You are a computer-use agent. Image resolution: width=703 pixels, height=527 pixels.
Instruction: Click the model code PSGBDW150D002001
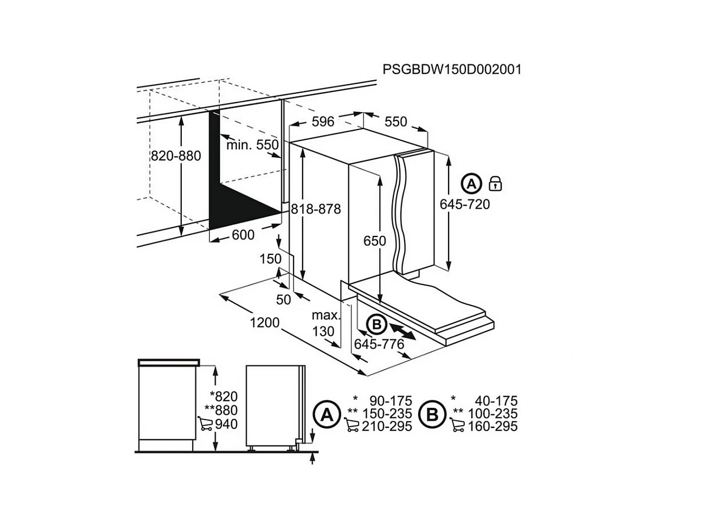pyautogui.click(x=452, y=70)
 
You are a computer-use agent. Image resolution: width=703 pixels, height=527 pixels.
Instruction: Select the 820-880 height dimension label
pyautogui.click(x=176, y=156)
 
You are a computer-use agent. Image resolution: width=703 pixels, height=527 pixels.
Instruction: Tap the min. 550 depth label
pyautogui.click(x=252, y=145)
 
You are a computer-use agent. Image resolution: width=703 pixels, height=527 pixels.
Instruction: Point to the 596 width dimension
pyautogui.click(x=323, y=121)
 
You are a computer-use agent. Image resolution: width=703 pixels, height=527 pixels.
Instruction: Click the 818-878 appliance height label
pyautogui.click(x=316, y=209)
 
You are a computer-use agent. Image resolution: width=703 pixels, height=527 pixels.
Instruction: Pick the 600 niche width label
pyautogui.click(x=242, y=235)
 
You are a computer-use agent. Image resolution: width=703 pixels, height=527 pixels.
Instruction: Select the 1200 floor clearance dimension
pyautogui.click(x=264, y=323)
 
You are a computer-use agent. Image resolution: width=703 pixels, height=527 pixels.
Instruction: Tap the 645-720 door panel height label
pyautogui.click(x=464, y=204)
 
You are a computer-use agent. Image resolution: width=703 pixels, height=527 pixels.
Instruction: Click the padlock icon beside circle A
pyautogui.click(x=495, y=183)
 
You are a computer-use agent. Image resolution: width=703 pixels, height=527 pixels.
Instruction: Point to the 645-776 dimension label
pyautogui.click(x=379, y=344)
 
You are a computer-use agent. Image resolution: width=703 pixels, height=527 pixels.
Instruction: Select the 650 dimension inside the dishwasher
pyautogui.click(x=375, y=241)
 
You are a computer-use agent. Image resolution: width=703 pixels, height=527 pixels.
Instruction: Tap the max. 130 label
pyautogui.click(x=324, y=323)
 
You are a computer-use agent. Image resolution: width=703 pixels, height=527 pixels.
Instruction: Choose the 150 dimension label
pyautogui.click(x=270, y=259)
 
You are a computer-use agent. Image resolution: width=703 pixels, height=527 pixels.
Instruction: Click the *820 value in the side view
pyautogui.click(x=223, y=396)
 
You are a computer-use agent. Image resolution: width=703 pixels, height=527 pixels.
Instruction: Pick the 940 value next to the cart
pyautogui.click(x=226, y=424)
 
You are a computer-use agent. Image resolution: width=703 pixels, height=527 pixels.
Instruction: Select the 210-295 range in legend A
pyautogui.click(x=387, y=427)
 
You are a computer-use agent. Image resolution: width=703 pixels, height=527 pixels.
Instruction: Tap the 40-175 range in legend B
pyautogui.click(x=496, y=401)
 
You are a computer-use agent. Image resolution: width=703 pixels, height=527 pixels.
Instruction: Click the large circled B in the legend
pyautogui.click(x=432, y=415)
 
